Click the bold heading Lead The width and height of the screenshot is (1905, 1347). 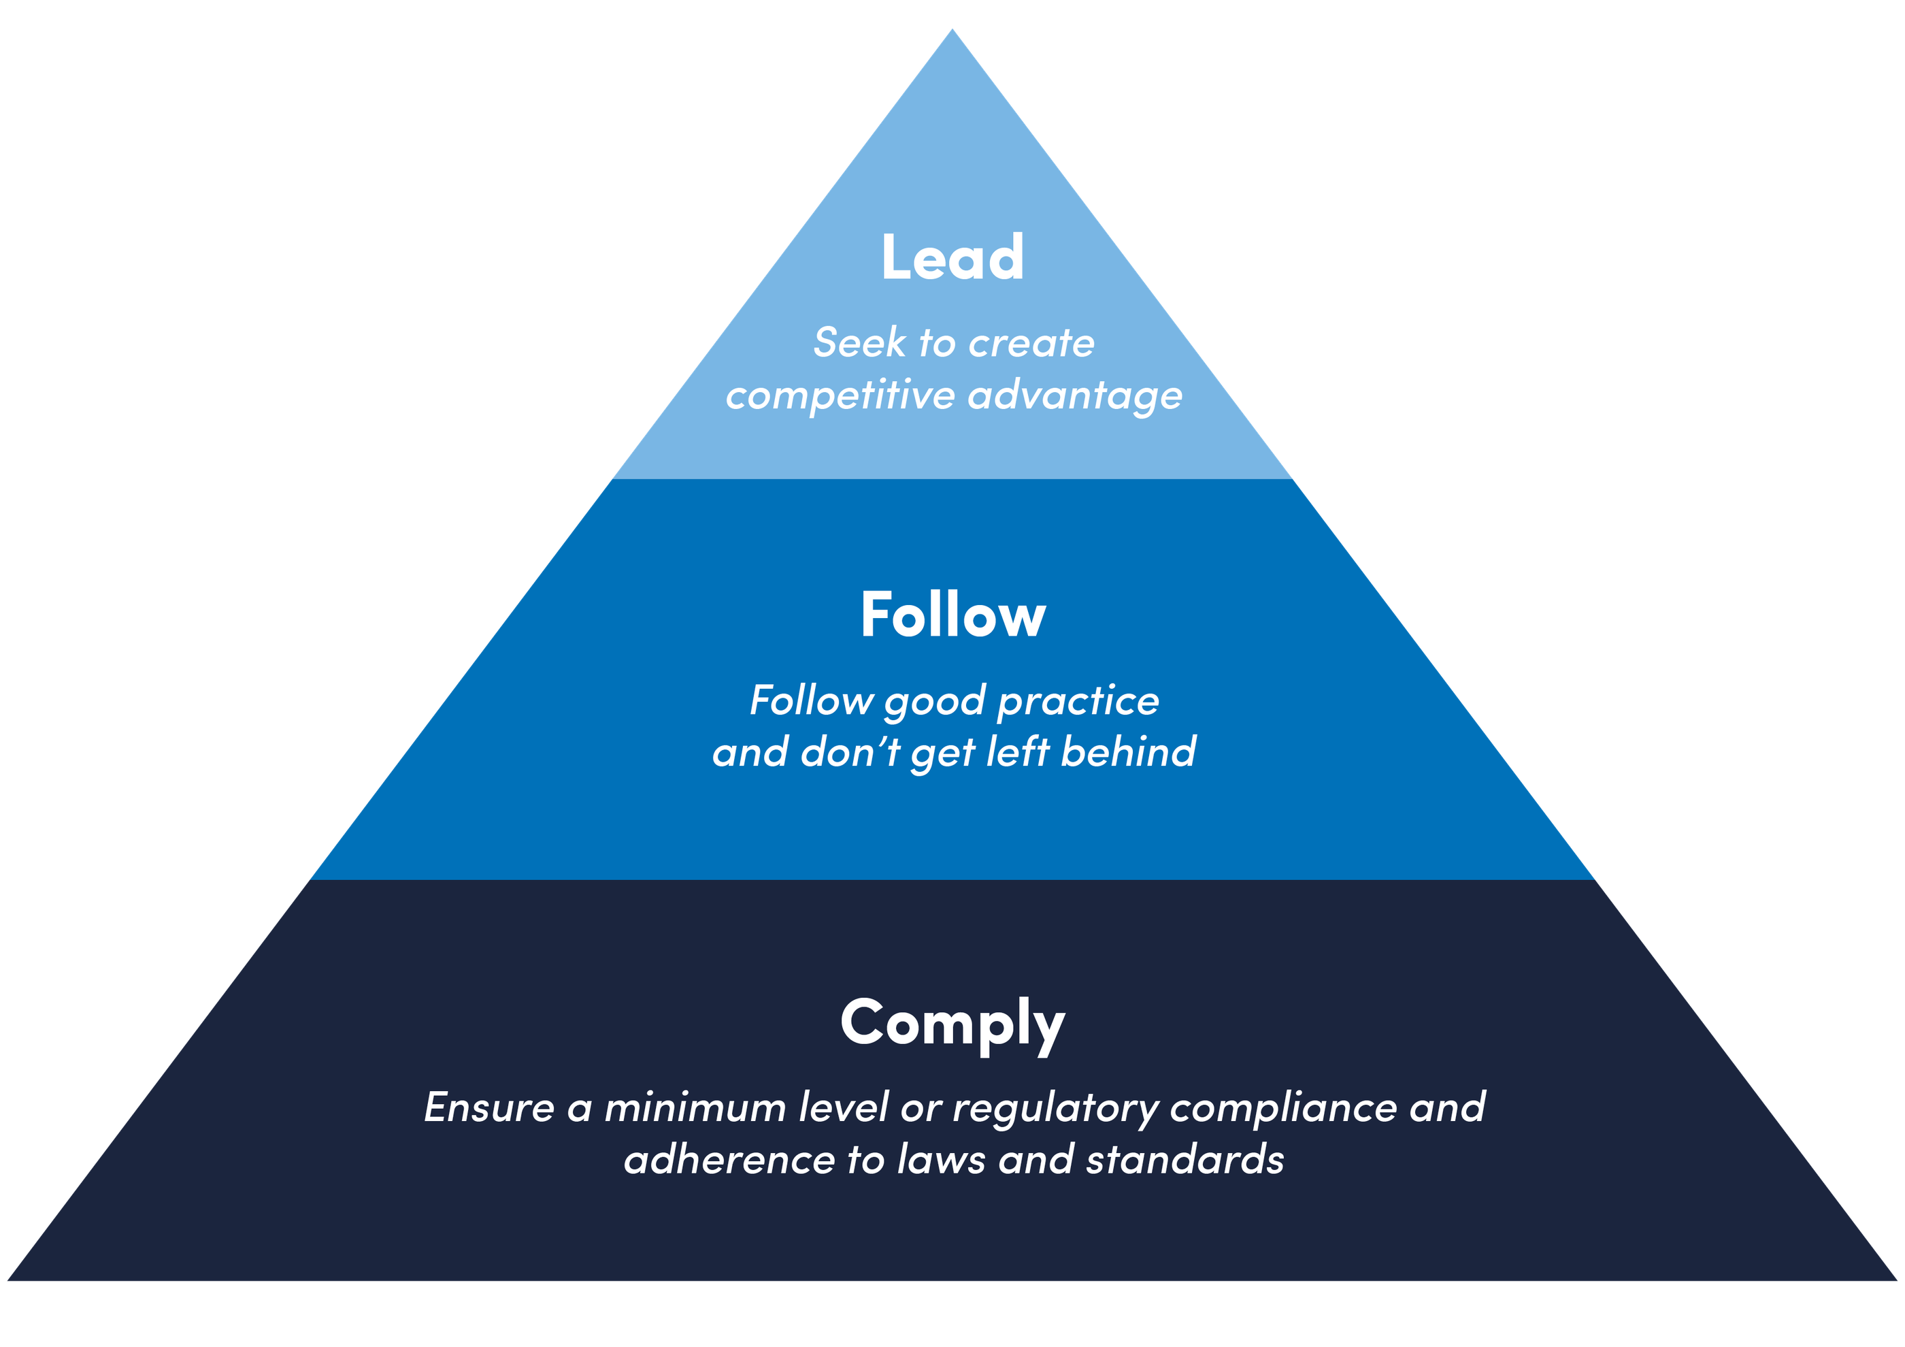point(952,257)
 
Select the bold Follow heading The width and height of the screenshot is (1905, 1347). point(952,615)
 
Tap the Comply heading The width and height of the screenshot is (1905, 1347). point(952,1023)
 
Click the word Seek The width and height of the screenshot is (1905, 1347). point(859,343)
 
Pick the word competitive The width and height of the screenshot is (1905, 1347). point(840,395)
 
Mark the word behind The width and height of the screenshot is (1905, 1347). point(1129,752)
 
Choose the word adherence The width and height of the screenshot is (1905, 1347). point(729,1159)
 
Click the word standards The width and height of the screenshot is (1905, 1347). point(1185,1159)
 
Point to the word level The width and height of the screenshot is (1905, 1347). point(843,1108)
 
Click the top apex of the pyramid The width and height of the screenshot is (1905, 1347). point(952,30)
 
